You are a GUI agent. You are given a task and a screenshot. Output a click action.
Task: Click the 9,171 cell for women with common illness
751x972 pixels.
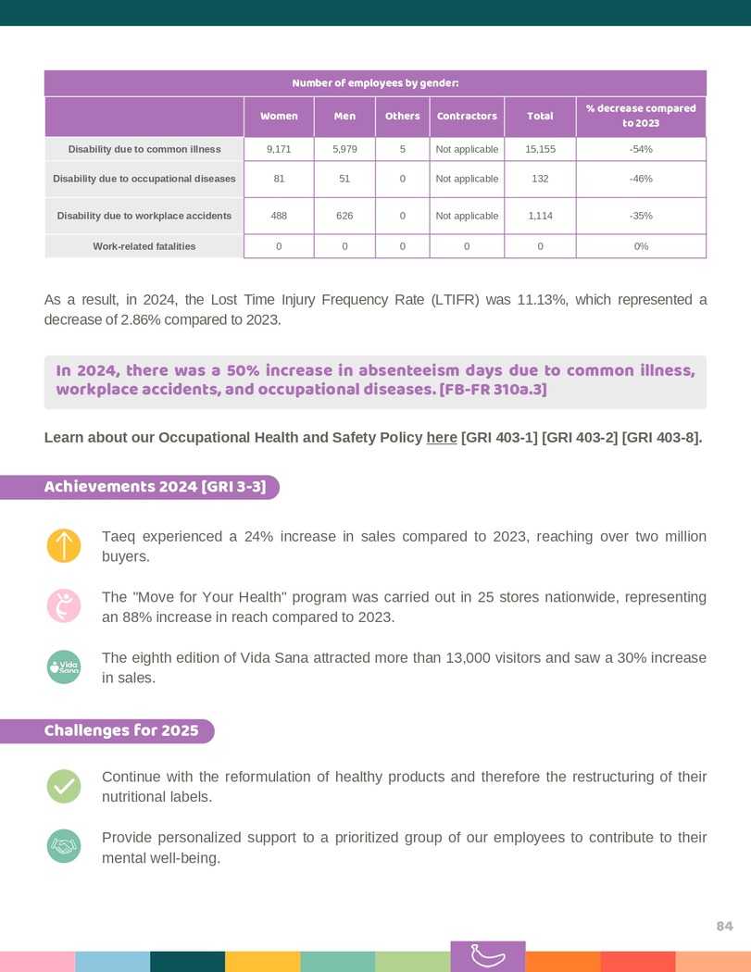tap(279, 149)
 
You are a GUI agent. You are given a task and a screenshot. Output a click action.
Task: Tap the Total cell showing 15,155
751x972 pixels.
tap(540, 149)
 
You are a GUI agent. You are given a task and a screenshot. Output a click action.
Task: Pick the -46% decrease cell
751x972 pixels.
tap(641, 179)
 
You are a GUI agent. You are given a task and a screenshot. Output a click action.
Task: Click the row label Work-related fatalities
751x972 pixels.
tap(144, 246)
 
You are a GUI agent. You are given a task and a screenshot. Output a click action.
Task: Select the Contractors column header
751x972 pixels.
tap(467, 117)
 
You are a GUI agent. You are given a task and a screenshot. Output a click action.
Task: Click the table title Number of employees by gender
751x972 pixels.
tap(375, 83)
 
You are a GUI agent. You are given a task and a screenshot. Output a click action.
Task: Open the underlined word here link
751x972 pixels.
tap(442, 438)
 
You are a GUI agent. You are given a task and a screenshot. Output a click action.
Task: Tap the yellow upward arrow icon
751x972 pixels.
tap(64, 545)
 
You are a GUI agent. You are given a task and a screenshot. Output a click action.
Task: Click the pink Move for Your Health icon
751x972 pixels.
tap(64, 605)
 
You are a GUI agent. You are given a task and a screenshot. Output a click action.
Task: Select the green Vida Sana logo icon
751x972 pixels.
tap(64, 667)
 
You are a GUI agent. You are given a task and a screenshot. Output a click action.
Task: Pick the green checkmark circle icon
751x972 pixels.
tap(64, 786)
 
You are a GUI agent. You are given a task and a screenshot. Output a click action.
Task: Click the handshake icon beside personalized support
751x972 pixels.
tap(64, 846)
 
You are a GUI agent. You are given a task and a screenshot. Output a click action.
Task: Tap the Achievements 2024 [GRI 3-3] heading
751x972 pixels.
tap(155, 487)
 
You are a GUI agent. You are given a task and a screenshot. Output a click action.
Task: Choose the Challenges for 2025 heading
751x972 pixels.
tap(121, 731)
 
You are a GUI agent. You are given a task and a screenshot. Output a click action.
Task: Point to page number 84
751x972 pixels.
tap(724, 927)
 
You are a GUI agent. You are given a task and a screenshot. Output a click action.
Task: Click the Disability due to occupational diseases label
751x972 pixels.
tap(144, 179)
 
